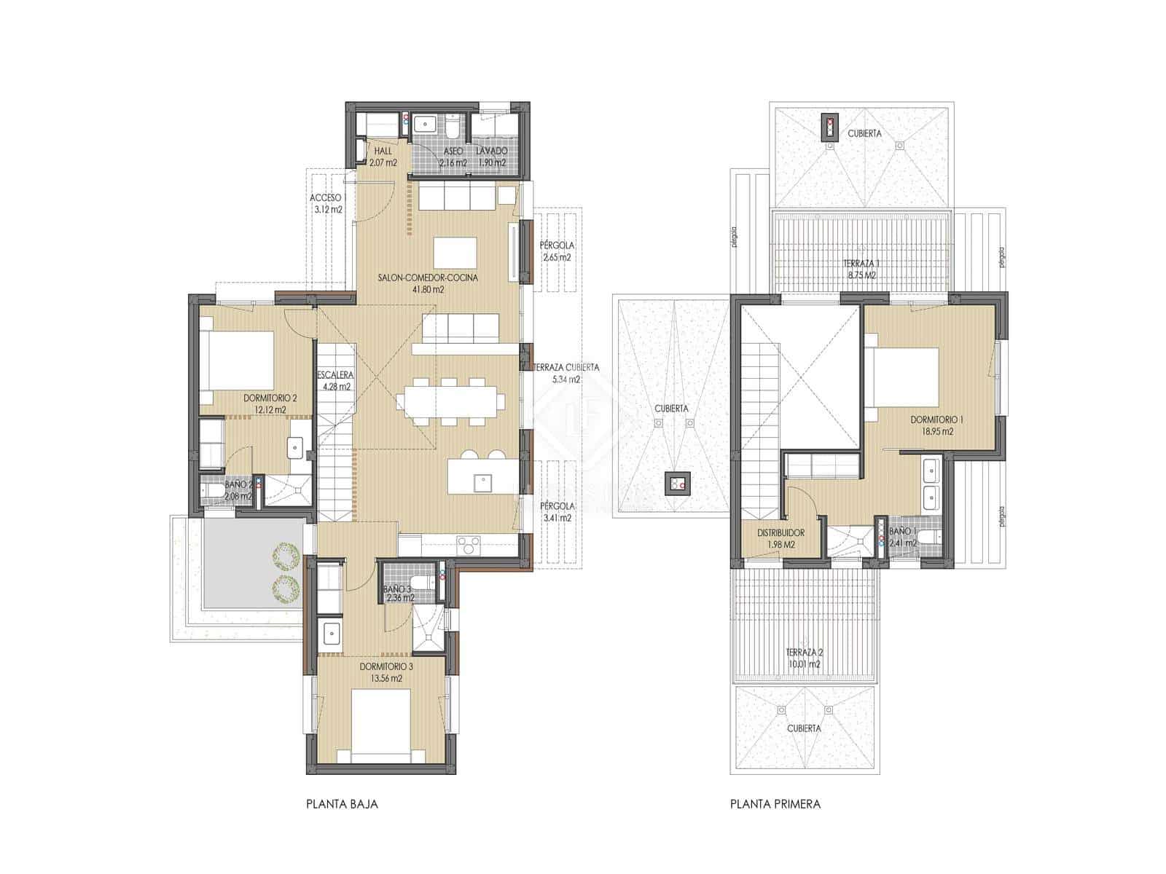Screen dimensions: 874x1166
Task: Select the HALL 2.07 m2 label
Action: (382, 157)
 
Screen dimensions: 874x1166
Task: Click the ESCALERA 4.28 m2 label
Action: (335, 381)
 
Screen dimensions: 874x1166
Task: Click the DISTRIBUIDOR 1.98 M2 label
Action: (780, 538)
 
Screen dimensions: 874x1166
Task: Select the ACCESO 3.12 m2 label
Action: (325, 203)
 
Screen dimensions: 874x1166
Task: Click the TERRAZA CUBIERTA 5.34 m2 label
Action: (566, 373)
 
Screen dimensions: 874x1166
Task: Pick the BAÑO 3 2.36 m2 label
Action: (399, 594)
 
